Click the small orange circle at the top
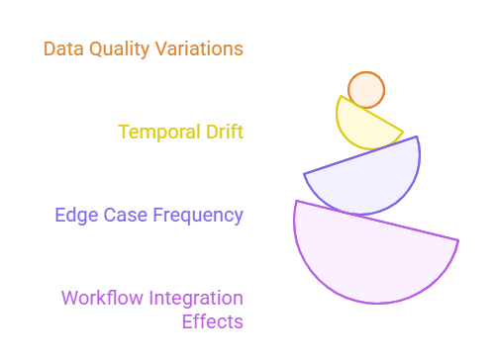click(x=366, y=90)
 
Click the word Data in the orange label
click(x=62, y=48)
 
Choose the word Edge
click(x=75, y=215)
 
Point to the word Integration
click(x=196, y=298)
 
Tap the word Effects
click(x=212, y=321)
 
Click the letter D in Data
click(x=49, y=48)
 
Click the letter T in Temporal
click(x=123, y=132)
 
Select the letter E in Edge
click(x=61, y=215)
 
